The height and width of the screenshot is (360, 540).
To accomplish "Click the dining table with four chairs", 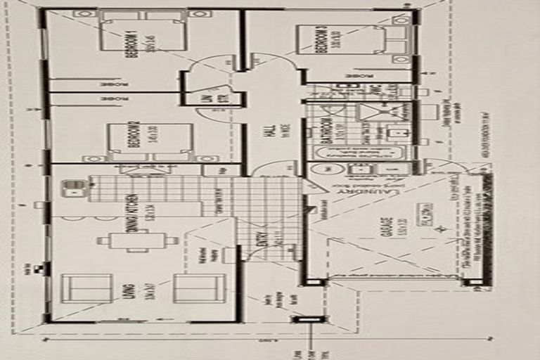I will click(138, 240).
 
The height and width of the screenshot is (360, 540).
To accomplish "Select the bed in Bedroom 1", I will click(143, 32).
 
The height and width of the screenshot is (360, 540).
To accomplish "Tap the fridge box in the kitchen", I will click(212, 169).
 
